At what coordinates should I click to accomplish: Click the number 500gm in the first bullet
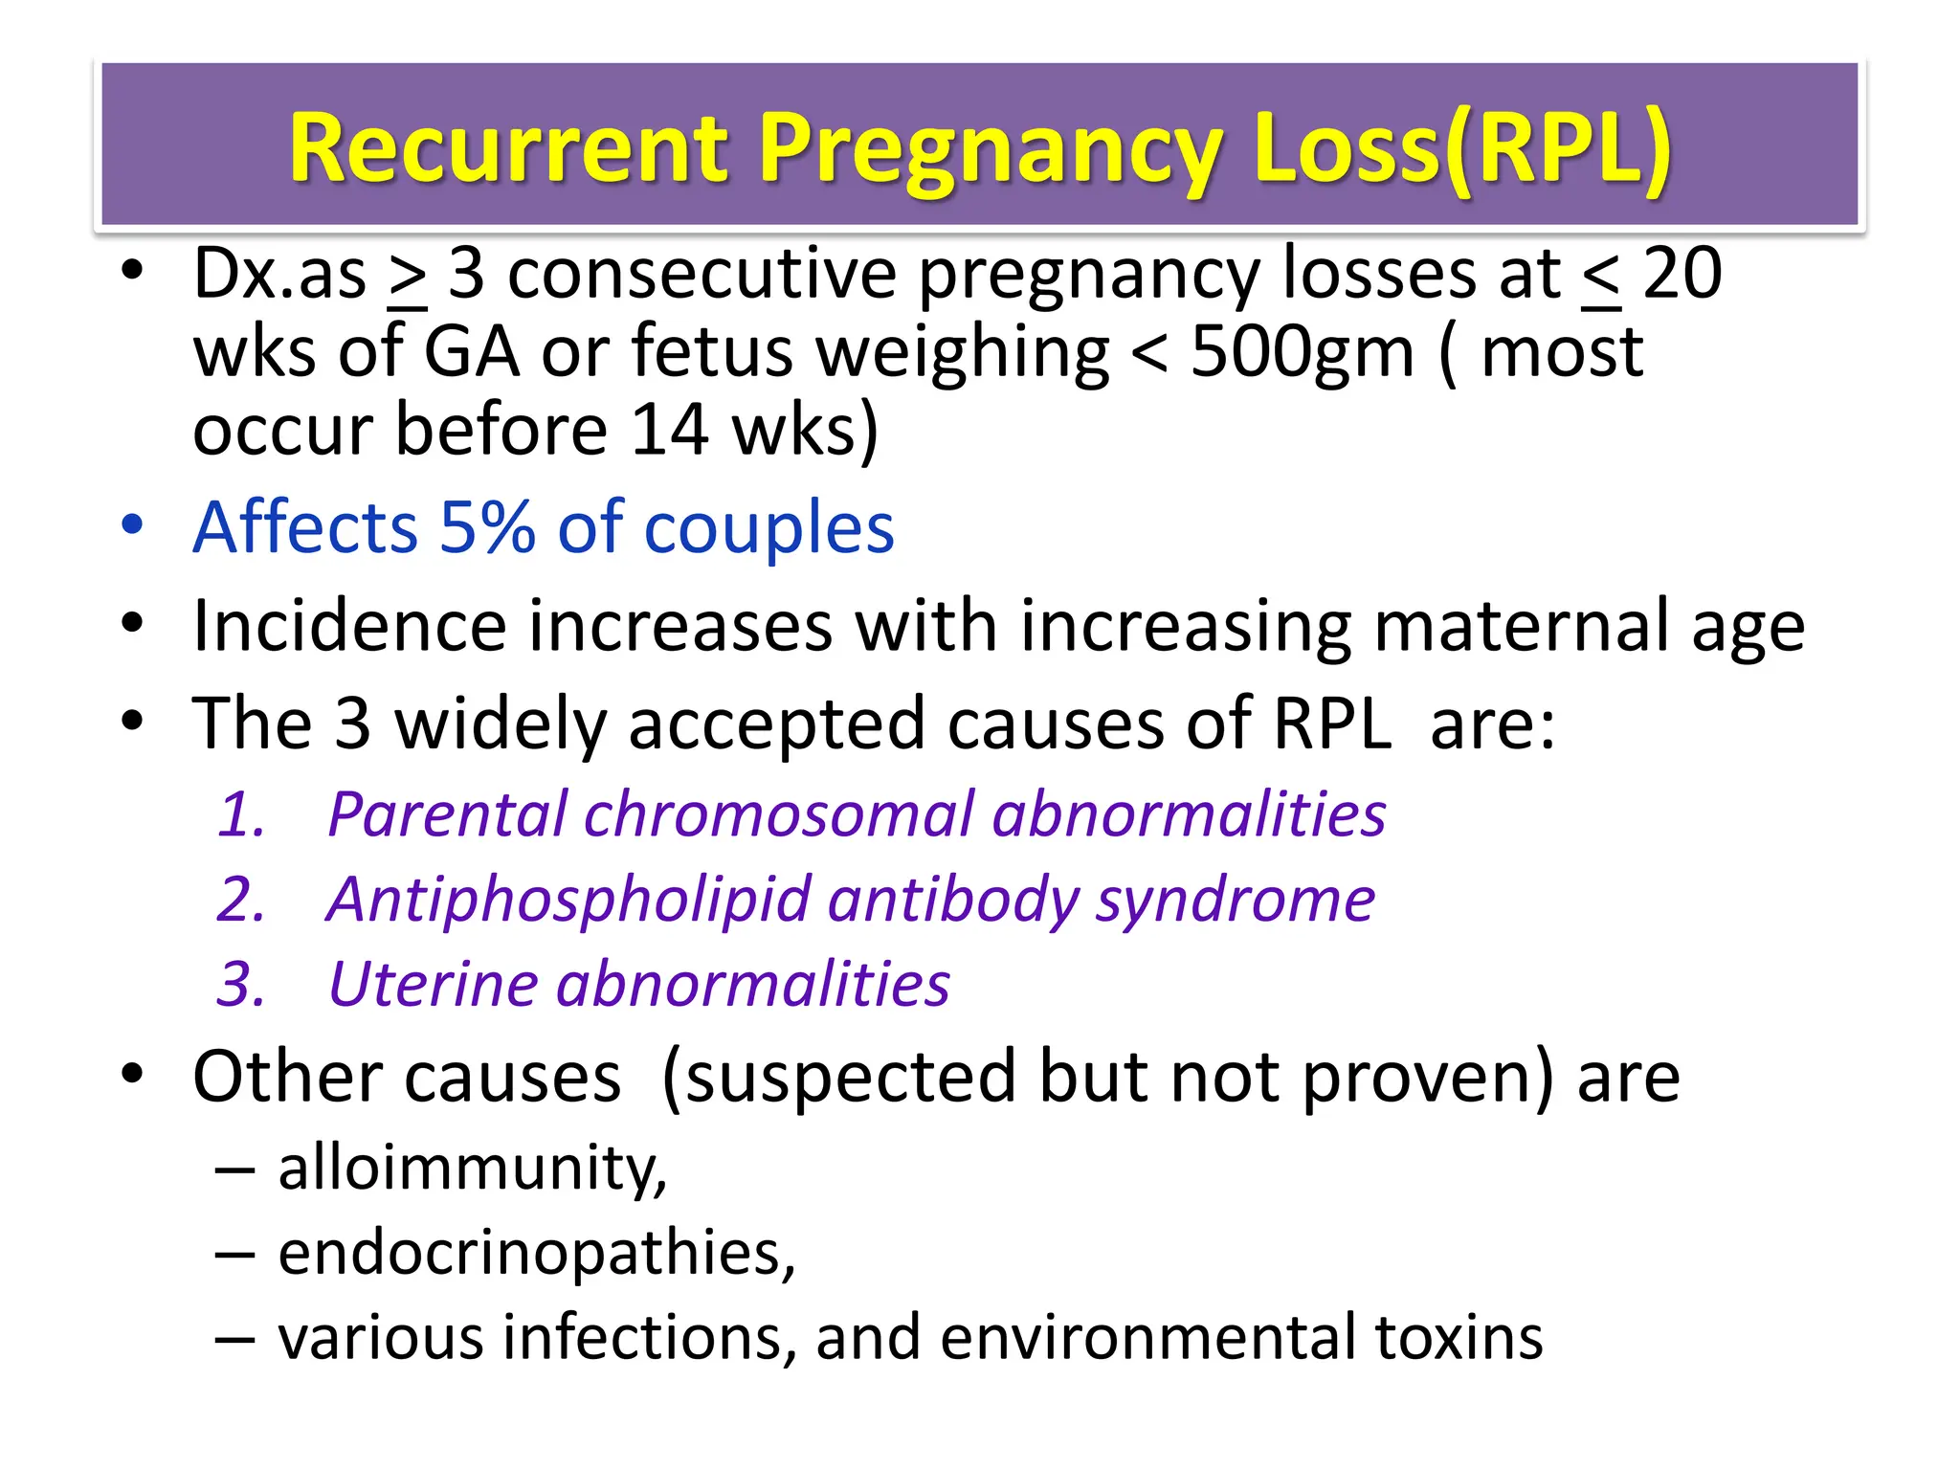[x=1302, y=352]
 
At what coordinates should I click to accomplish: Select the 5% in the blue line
[x=486, y=527]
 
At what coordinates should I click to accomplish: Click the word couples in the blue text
[x=769, y=529]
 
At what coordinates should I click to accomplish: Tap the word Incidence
[x=349, y=626]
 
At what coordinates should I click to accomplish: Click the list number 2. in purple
[x=240, y=901]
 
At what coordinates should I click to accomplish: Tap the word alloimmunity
[x=472, y=1169]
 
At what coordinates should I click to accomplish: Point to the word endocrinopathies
[x=536, y=1253]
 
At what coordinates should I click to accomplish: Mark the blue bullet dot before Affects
[x=132, y=525]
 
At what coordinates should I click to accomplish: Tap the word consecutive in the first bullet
[x=702, y=275]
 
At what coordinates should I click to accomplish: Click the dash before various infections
[x=234, y=1339]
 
